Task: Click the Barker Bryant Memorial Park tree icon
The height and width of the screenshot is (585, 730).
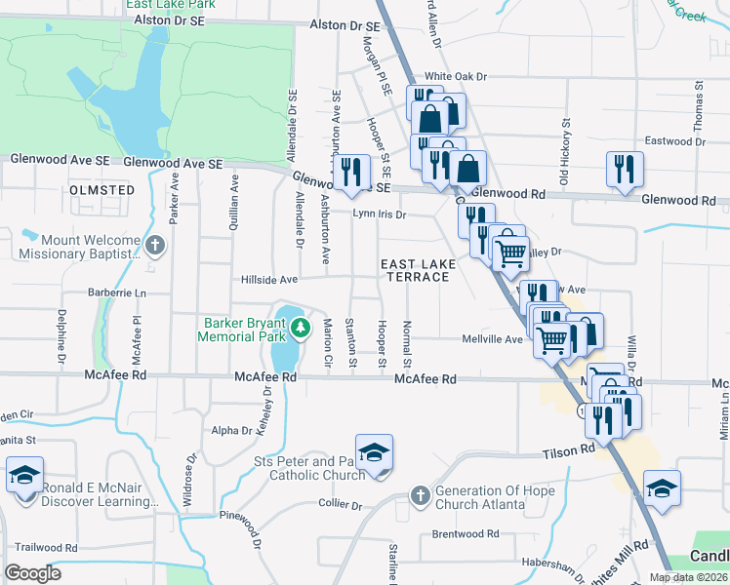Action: coord(302,326)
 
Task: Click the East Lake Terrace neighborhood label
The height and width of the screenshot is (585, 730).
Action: coord(415,270)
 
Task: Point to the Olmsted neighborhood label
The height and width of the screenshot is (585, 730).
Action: coord(101,189)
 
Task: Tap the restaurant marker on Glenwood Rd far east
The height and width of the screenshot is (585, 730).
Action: coord(623,171)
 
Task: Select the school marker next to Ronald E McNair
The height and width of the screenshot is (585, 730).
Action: coord(24,477)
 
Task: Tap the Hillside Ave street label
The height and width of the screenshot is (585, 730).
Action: coord(269,280)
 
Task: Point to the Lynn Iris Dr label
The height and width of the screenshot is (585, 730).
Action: coord(378,214)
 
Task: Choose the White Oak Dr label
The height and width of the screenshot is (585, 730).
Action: coord(455,76)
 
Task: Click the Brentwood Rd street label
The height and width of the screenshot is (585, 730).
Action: coord(466,534)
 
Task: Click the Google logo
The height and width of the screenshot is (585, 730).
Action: coord(33,573)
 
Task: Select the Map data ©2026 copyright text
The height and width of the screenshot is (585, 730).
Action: coord(686,577)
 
